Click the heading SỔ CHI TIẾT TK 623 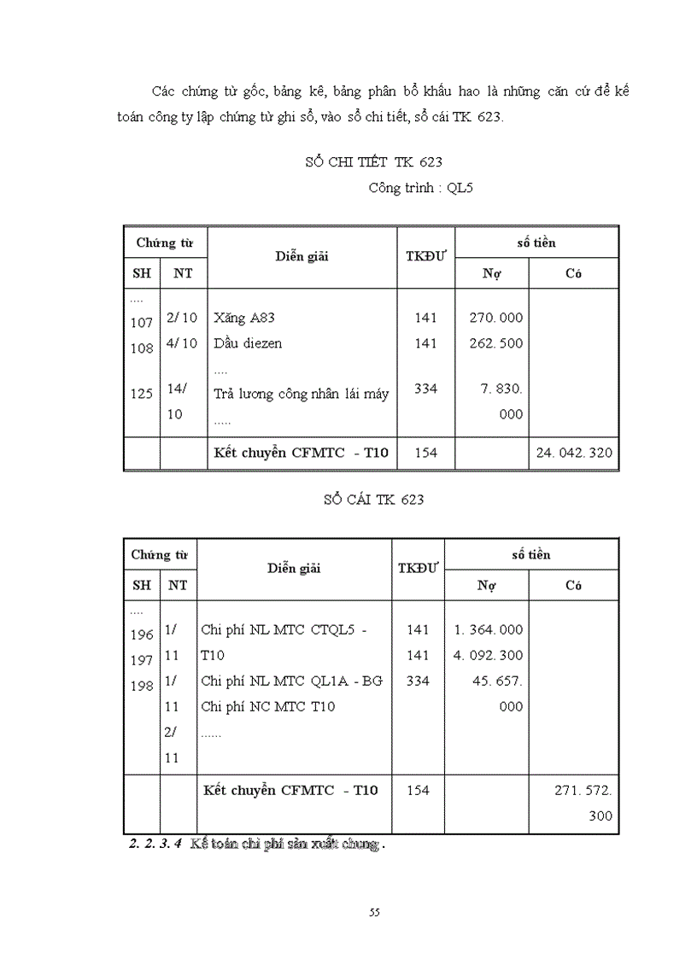point(373,161)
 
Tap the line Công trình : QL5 point(420,188)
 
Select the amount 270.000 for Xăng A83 point(496,318)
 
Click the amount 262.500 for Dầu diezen point(496,343)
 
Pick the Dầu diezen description point(248,343)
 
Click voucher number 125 point(142,394)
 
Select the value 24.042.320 point(574,453)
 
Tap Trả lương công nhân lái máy point(302,394)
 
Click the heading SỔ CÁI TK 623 point(373,500)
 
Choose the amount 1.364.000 point(489,629)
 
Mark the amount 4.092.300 point(489,655)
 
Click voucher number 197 point(142,661)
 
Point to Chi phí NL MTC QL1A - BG point(292,681)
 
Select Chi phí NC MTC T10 point(268,706)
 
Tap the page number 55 point(374,912)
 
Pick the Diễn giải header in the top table point(302,255)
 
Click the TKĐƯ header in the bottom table point(418,568)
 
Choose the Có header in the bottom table point(573,585)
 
